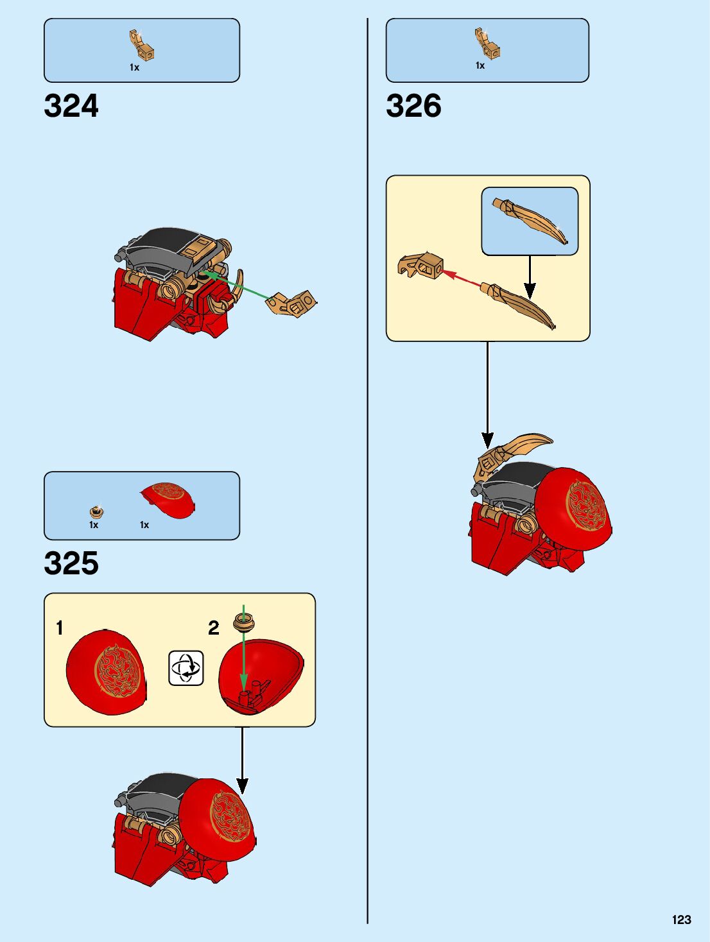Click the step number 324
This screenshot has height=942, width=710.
(x=71, y=106)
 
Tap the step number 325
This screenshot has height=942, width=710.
(x=71, y=563)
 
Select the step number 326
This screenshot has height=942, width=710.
(x=414, y=106)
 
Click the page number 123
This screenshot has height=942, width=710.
(x=681, y=920)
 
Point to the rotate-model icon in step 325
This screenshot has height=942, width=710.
(x=186, y=668)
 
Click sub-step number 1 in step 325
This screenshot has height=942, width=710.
(x=60, y=628)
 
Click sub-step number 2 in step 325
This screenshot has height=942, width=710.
(x=214, y=628)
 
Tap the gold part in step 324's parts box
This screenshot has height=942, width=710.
(x=142, y=45)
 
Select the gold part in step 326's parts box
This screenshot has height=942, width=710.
(x=487, y=43)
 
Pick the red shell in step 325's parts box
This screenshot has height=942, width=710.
(x=168, y=500)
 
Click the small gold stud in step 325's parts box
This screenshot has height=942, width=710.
(x=97, y=511)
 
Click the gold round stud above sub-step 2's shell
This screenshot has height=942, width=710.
(x=244, y=622)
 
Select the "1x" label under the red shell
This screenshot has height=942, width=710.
(x=144, y=525)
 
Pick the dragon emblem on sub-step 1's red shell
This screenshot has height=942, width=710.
(x=117, y=671)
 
